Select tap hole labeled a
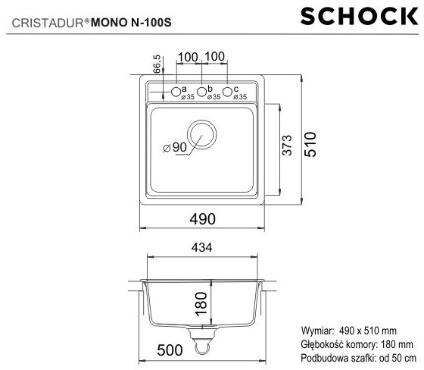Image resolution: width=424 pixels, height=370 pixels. click(x=176, y=92)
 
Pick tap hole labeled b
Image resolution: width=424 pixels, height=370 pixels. click(x=201, y=92)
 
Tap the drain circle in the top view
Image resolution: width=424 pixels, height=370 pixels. click(x=202, y=134)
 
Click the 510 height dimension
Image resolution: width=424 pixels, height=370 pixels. click(x=310, y=144)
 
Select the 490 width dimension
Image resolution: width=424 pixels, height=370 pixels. click(x=202, y=218)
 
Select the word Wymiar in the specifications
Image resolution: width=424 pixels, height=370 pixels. click(x=317, y=331)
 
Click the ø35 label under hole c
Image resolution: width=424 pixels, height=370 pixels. click(x=240, y=97)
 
